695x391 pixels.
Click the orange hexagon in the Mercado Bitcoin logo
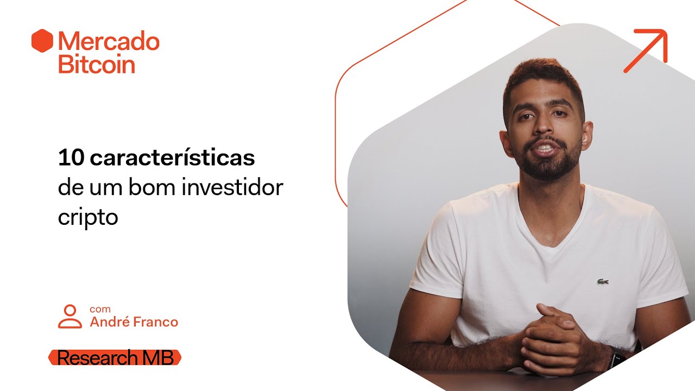coord(42,41)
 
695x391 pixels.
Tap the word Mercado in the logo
coord(109,42)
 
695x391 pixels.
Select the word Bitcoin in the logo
coord(96,64)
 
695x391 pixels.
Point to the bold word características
coord(172,158)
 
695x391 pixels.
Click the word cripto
coord(87,217)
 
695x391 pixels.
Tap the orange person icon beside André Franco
coord(69,317)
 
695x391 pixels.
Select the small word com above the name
coord(100,309)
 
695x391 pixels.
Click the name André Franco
coord(134,322)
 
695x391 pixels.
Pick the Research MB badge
coord(115,358)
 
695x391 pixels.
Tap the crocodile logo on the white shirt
coord(603,282)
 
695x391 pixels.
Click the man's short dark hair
coord(543,76)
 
